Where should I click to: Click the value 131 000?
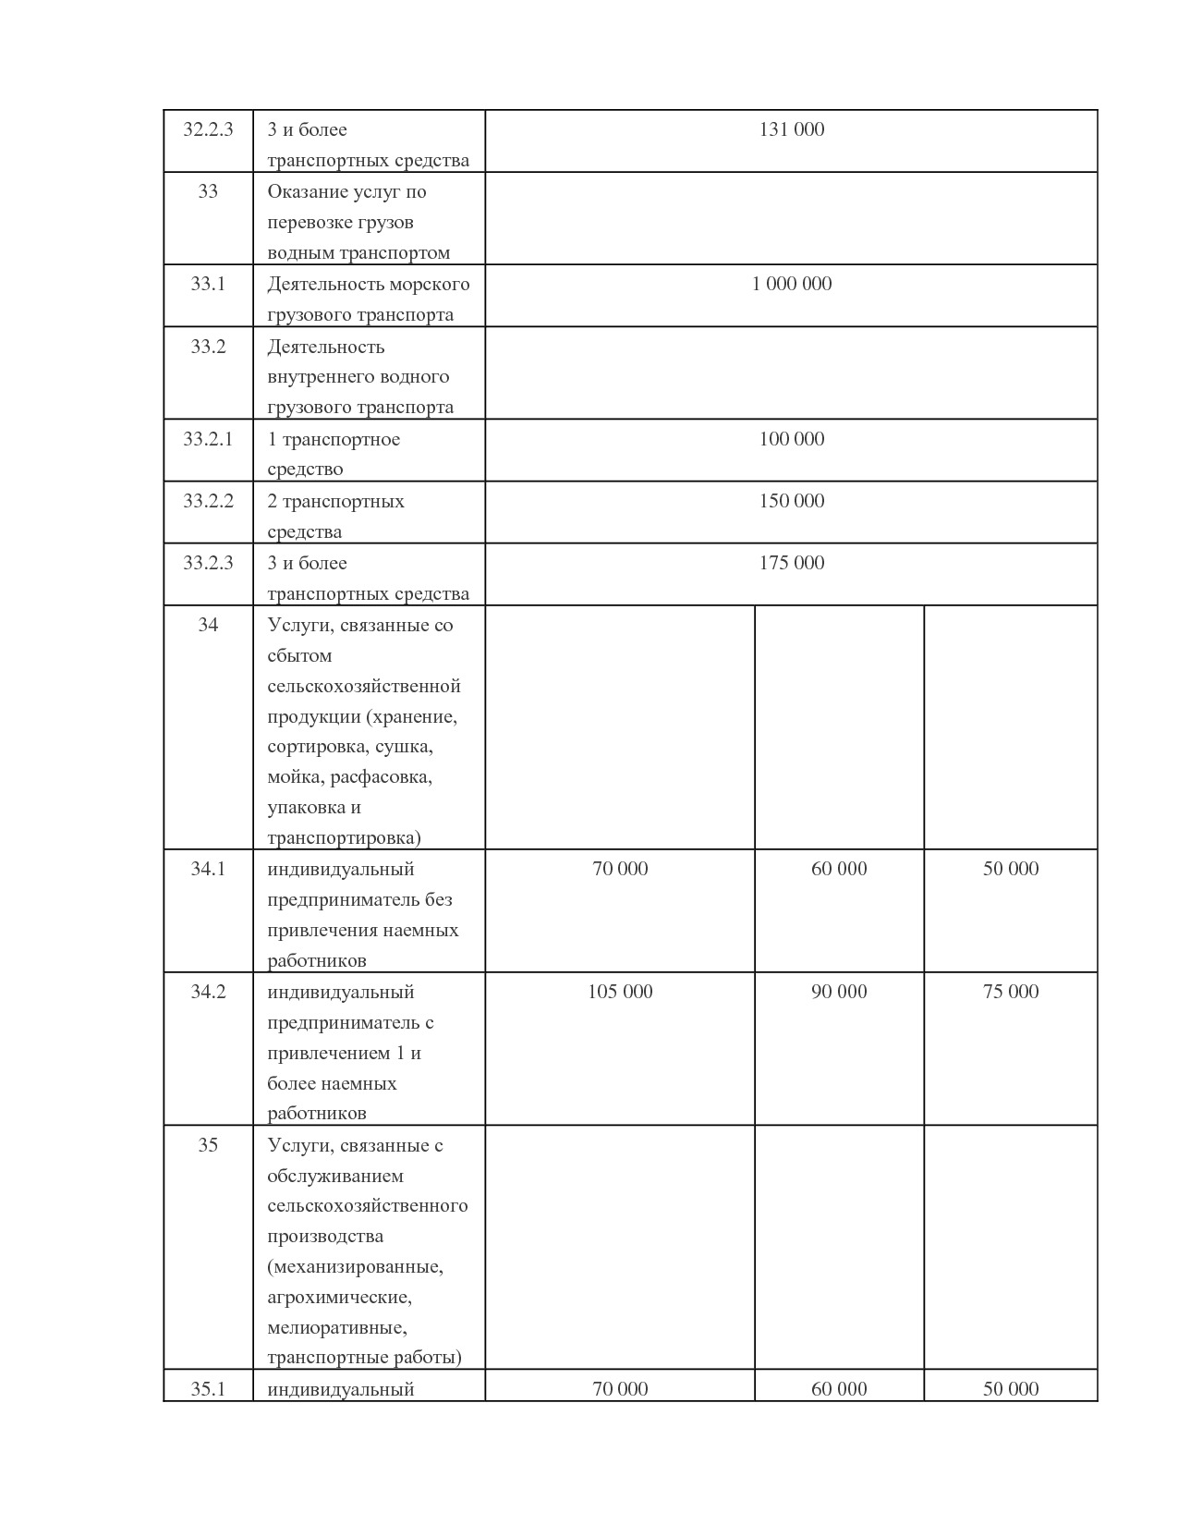[x=791, y=130]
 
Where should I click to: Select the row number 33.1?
[x=208, y=285]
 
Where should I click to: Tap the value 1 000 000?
[x=791, y=285]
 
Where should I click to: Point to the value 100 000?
[x=791, y=439]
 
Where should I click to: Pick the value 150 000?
[x=791, y=501]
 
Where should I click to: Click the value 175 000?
[x=791, y=563]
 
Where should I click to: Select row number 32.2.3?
[x=208, y=130]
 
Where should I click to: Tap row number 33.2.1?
[x=208, y=439]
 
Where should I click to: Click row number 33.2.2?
[x=208, y=501]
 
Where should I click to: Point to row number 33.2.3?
[x=208, y=563]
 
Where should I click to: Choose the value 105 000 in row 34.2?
[x=620, y=992]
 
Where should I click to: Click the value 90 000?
[x=839, y=992]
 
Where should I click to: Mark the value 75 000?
[x=1011, y=992]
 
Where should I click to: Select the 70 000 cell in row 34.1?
[x=620, y=869]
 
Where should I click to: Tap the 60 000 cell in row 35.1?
[x=839, y=1389]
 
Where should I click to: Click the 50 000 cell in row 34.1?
[x=1011, y=869]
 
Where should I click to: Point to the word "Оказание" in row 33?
[x=303, y=192]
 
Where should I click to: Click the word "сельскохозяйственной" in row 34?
[x=364, y=687]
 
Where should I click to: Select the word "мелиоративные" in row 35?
[x=337, y=1328]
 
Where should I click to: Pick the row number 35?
[x=208, y=1145]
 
